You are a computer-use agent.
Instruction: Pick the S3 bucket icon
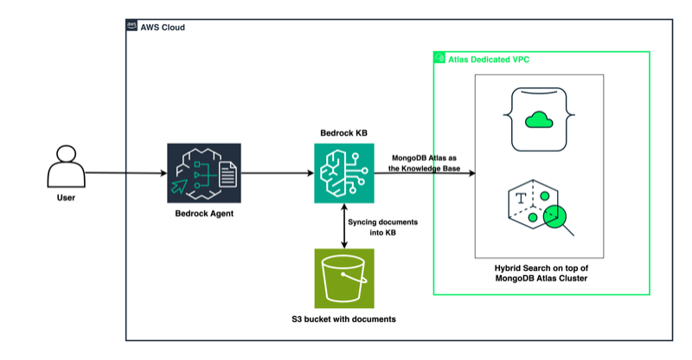(x=344, y=279)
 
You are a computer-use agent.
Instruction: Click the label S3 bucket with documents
(x=343, y=319)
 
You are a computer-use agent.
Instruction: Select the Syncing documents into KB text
(x=383, y=228)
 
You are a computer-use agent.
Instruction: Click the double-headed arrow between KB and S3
(x=344, y=226)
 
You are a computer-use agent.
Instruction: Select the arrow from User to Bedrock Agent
(x=125, y=173)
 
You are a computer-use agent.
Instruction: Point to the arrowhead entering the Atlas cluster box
(x=471, y=174)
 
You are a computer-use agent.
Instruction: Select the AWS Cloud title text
(x=165, y=28)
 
